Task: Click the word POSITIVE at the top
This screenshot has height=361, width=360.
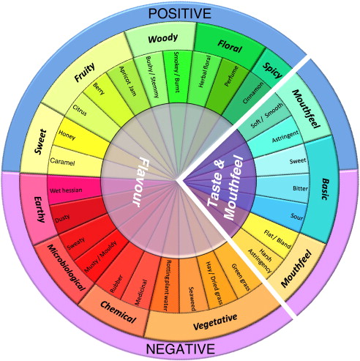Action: click(180, 13)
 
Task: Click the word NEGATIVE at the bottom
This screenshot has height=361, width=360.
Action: click(180, 349)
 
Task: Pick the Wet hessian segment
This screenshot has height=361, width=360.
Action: click(64, 190)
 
